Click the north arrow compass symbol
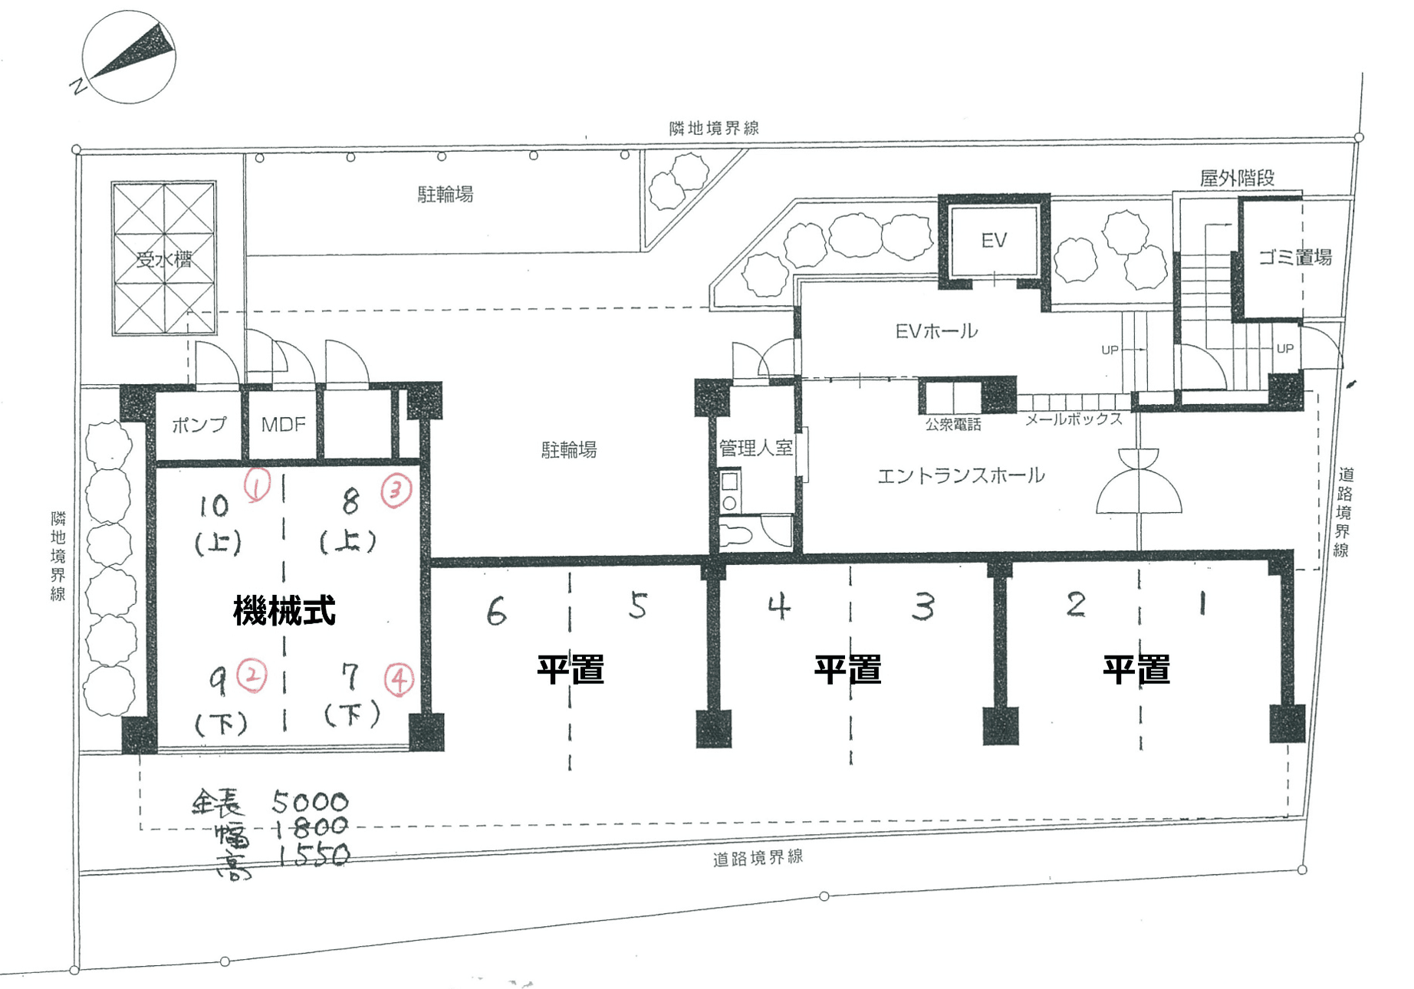pyautogui.click(x=129, y=57)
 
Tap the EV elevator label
pyautogui.click(x=993, y=241)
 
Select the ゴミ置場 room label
pyautogui.click(x=1295, y=258)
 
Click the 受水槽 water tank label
pyautogui.click(x=164, y=259)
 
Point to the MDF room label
pyautogui.click(x=283, y=424)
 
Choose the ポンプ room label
pyautogui.click(x=199, y=424)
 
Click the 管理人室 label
pyautogui.click(x=755, y=448)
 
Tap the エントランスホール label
pyautogui.click(x=960, y=475)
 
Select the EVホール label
pyautogui.click(x=936, y=331)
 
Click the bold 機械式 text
pyautogui.click(x=284, y=611)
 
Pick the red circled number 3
pyautogui.click(x=396, y=490)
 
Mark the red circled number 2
pyautogui.click(x=252, y=676)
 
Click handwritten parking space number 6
pyautogui.click(x=497, y=611)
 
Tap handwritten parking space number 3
pyautogui.click(x=923, y=607)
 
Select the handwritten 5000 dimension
pyautogui.click(x=310, y=802)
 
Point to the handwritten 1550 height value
pyautogui.click(x=313, y=854)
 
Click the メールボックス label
pyautogui.click(x=1074, y=419)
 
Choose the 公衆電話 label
pyautogui.click(x=952, y=425)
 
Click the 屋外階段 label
pyautogui.click(x=1237, y=179)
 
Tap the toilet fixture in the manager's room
pyautogui.click(x=736, y=534)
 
